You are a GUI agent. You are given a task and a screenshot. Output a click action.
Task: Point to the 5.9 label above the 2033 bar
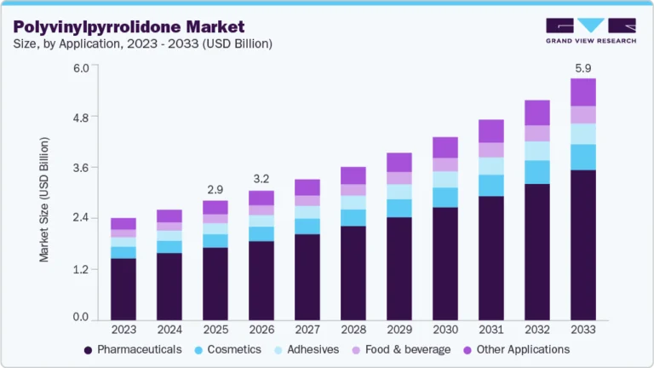pyautogui.click(x=583, y=66)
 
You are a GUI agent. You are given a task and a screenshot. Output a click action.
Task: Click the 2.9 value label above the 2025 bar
pyautogui.click(x=215, y=188)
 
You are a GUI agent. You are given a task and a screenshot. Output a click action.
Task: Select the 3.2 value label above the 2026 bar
pyautogui.click(x=261, y=179)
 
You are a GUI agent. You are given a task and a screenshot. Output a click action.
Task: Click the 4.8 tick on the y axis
pyautogui.click(x=79, y=117)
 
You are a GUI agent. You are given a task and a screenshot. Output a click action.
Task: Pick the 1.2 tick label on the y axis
pyautogui.click(x=79, y=268)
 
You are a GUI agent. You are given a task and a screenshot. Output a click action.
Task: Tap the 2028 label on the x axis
pyautogui.click(x=353, y=329)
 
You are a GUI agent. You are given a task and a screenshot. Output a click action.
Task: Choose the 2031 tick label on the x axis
pyautogui.click(x=491, y=329)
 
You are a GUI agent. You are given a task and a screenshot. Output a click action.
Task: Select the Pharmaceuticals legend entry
pyautogui.click(x=134, y=349)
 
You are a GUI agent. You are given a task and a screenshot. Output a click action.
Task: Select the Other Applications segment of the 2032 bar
pyautogui.click(x=537, y=112)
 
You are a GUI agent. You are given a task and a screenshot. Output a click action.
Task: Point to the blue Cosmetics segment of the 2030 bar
pyautogui.click(x=445, y=198)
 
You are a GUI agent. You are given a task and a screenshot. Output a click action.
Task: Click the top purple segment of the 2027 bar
pyautogui.click(x=307, y=187)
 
